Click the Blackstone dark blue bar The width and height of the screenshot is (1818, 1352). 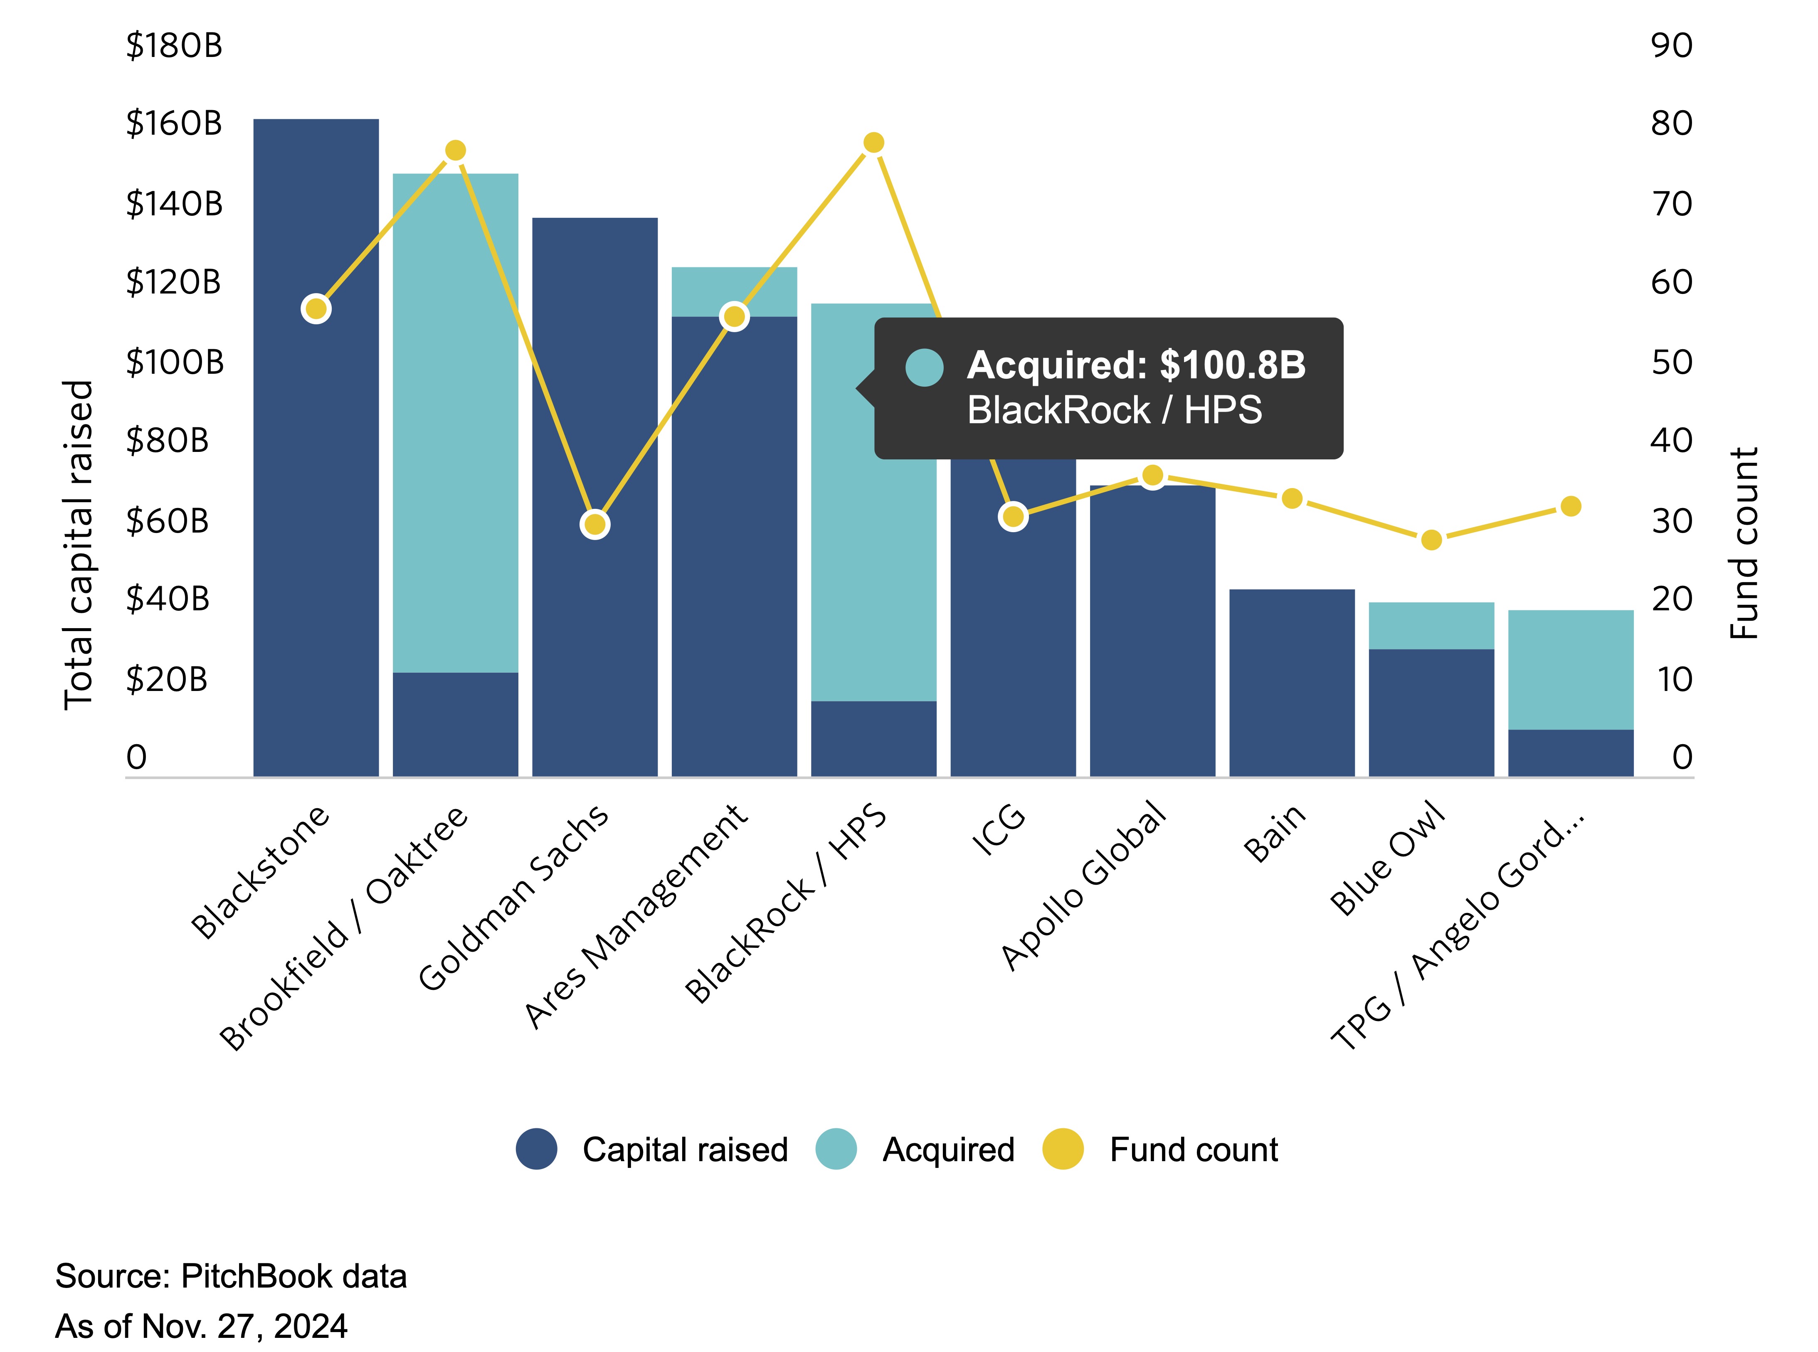pos(316,491)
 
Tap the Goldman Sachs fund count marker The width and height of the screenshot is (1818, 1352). pos(595,524)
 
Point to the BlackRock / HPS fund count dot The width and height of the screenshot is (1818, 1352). pos(874,143)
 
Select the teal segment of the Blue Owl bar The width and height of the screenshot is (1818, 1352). pos(1431,625)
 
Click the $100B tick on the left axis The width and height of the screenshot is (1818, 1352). pos(174,362)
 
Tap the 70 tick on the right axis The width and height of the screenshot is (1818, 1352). pos(1671,204)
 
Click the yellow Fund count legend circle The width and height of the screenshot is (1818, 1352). pos(1063,1149)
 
